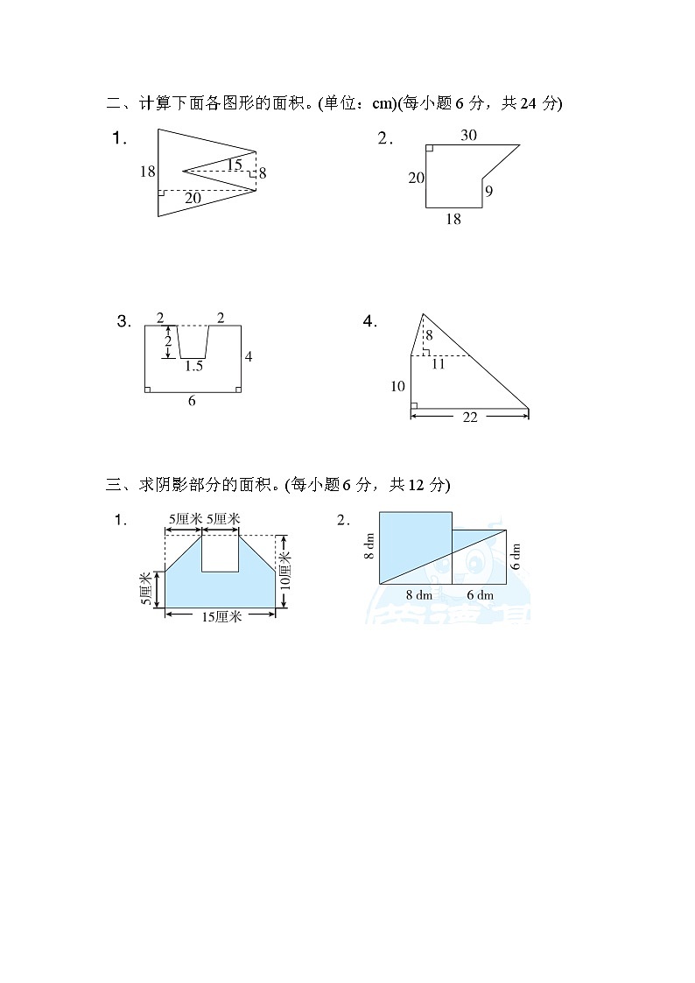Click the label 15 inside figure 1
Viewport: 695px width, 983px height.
234,165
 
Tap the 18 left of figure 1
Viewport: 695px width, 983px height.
147,172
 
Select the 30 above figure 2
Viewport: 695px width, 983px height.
468,135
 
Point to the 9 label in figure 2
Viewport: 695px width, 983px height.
488,191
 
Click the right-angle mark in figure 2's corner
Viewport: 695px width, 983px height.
430,149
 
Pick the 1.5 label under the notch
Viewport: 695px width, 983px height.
193,367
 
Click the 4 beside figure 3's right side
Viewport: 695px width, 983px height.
249,357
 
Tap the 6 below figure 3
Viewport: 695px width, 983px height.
192,401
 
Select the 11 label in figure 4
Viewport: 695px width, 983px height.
439,364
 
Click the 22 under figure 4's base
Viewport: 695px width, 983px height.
469,418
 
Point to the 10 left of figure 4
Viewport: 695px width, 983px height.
398,386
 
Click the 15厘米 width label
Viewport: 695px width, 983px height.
221,615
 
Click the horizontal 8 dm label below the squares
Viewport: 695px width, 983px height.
418,595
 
